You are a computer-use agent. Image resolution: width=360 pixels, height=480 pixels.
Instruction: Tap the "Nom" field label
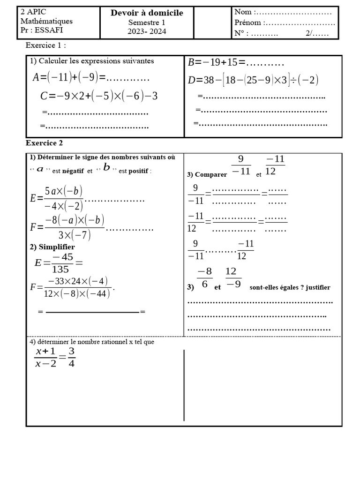[x=243, y=12]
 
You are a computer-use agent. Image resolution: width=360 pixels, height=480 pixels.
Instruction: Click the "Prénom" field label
[x=247, y=22]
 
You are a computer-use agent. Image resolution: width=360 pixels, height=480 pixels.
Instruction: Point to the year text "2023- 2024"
[x=147, y=31]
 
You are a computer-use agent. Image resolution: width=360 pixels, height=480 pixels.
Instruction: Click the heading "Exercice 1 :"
[x=45, y=45]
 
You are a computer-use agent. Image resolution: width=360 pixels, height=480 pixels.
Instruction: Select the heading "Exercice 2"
[x=44, y=143]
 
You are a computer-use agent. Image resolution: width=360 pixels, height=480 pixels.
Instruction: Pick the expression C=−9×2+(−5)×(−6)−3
[x=99, y=96]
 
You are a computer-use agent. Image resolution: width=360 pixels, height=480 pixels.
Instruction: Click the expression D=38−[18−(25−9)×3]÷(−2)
[x=253, y=80]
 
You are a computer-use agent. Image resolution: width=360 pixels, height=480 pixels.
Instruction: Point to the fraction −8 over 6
[x=204, y=278]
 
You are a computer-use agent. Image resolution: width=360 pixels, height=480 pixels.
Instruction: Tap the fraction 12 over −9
[x=233, y=278]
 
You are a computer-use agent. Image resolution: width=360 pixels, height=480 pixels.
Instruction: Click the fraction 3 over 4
[x=72, y=357]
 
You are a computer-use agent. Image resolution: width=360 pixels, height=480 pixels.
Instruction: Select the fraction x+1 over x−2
[x=45, y=357]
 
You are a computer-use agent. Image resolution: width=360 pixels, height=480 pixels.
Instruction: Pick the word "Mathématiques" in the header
[x=46, y=21]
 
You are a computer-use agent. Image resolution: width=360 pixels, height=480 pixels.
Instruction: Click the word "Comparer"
[x=211, y=174]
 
